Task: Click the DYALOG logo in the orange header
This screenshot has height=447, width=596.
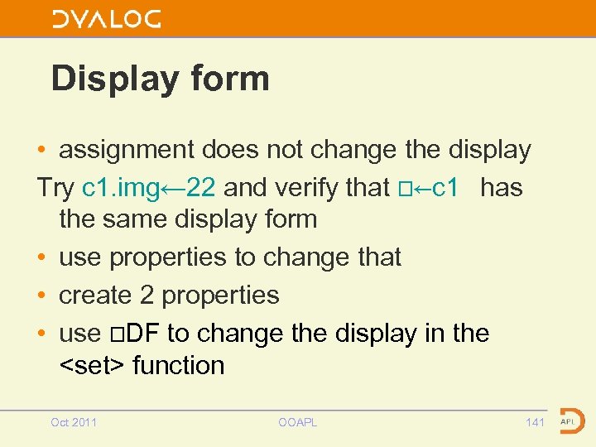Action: pos(106,19)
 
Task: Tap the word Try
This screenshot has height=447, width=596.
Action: pos(55,188)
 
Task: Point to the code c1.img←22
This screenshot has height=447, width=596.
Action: pos(149,188)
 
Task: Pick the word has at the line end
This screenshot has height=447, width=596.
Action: pos(502,188)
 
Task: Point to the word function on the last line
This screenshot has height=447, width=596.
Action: pos(178,365)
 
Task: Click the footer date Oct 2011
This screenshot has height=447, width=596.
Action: pos(74,422)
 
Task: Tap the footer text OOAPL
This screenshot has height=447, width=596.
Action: pos(298,422)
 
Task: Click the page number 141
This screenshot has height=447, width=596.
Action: pos(536,422)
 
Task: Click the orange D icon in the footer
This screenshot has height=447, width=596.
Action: pos(571,421)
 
